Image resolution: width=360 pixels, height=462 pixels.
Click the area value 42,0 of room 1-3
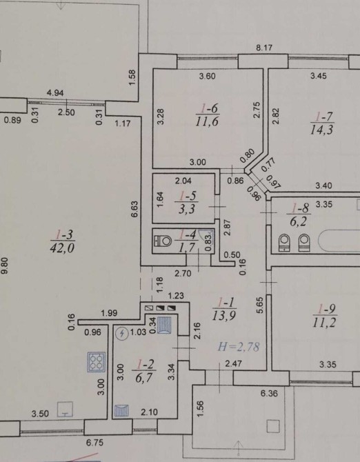point(62,248)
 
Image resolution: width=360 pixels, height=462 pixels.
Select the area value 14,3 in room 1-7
point(321,130)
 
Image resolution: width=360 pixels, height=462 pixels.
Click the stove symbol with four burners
point(97,362)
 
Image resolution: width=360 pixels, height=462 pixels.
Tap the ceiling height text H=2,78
point(239,347)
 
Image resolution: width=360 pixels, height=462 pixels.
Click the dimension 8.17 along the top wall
point(263,48)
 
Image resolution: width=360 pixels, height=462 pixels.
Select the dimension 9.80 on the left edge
point(5,265)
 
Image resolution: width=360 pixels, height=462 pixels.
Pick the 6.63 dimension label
point(134,209)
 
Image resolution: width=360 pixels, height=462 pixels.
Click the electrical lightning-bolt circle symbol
point(121,334)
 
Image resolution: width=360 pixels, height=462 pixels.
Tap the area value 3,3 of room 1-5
point(187,210)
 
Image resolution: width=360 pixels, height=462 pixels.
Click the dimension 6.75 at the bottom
point(94,443)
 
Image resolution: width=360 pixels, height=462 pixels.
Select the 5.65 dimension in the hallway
point(259,305)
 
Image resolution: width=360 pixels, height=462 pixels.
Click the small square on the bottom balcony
point(273,426)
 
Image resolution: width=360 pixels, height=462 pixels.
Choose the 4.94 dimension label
point(55,93)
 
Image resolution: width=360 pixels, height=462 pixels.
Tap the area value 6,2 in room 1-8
point(298,221)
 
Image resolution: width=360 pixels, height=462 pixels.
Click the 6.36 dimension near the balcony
point(269,393)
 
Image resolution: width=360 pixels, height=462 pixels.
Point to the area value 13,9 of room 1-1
point(224,316)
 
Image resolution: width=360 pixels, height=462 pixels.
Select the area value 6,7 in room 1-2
point(143,378)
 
